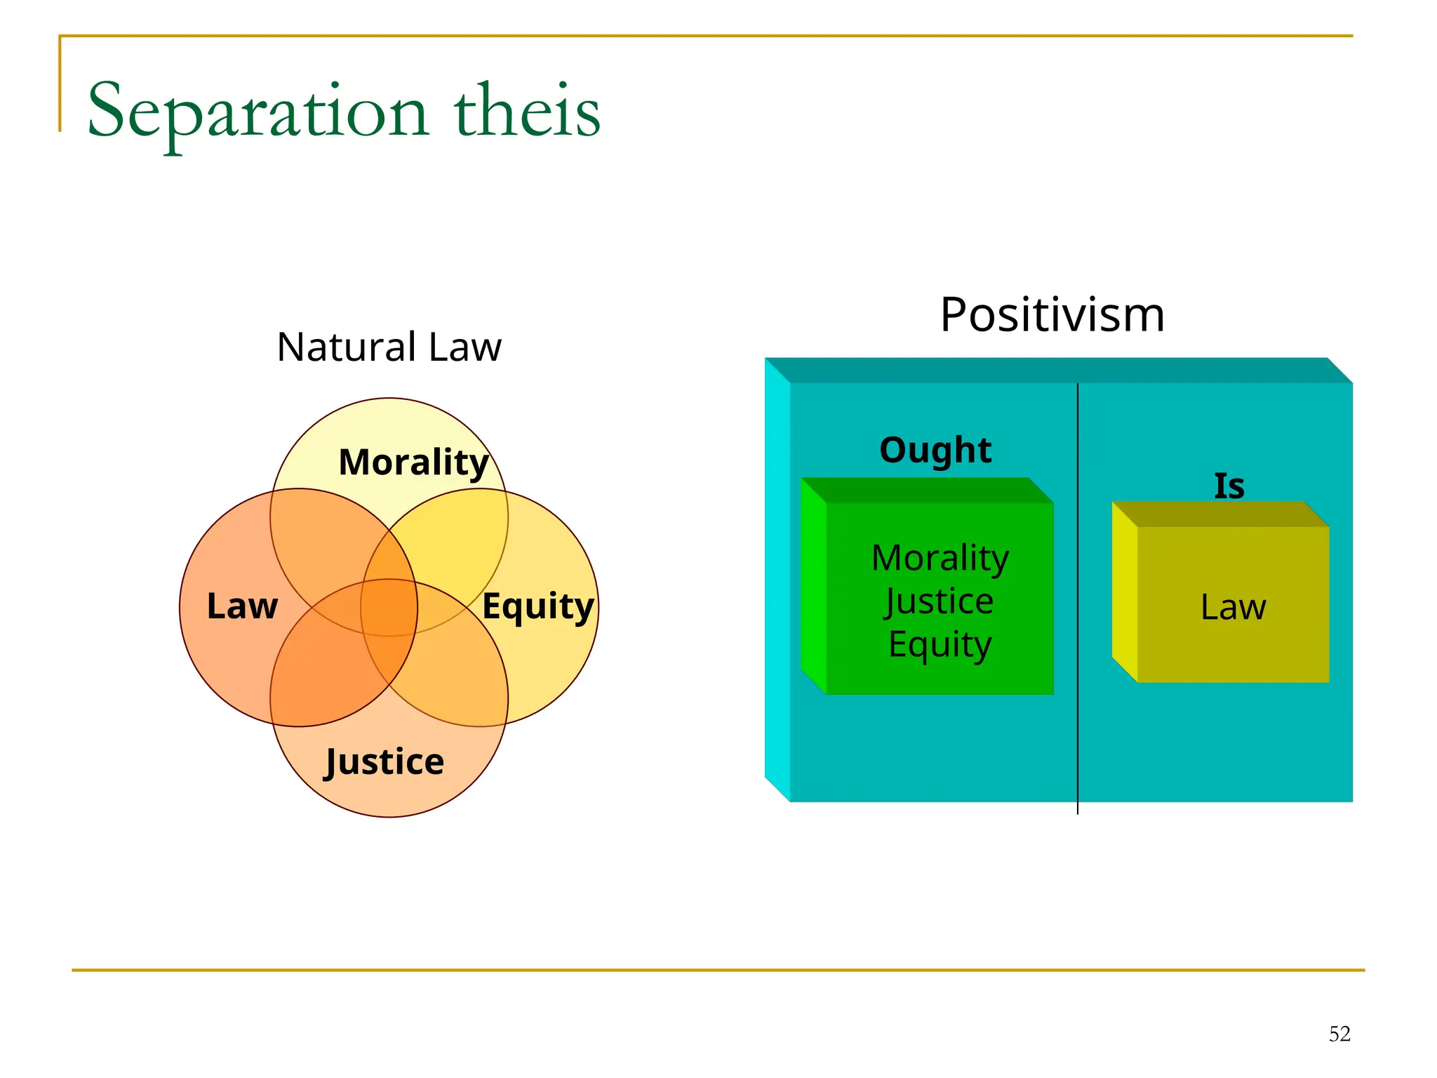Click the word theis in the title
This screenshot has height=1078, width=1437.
click(x=527, y=111)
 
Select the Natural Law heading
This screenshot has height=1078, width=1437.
click(x=389, y=347)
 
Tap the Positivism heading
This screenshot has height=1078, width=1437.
click(x=1052, y=314)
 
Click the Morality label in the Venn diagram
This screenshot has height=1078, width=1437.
click(x=413, y=463)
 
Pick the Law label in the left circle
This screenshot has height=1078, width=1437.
click(x=242, y=606)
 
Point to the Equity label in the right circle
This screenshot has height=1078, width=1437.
click(x=538, y=606)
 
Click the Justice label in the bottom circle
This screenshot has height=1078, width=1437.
click(x=385, y=762)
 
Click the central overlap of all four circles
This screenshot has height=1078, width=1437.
click(x=389, y=608)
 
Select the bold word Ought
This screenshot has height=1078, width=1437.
click(x=935, y=450)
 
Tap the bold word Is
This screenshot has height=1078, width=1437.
click(x=1229, y=486)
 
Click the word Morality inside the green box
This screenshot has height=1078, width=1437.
click(x=940, y=559)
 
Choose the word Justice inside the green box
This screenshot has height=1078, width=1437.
click(x=939, y=601)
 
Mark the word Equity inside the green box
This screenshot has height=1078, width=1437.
click(x=940, y=645)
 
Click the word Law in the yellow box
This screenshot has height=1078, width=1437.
click(x=1233, y=607)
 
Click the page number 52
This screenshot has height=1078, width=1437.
click(x=1339, y=1034)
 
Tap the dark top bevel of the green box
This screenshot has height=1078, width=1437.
click(x=926, y=490)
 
